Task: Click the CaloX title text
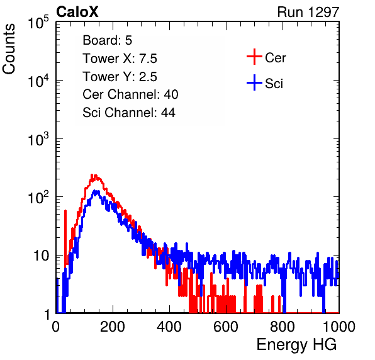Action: [x=77, y=12]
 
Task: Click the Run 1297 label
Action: [x=308, y=12]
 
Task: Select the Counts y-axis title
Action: [x=9, y=49]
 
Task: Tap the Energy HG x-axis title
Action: [x=296, y=345]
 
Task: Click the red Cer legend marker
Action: [x=254, y=57]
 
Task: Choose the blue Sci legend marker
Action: [x=254, y=83]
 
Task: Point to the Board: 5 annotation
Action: [x=108, y=40]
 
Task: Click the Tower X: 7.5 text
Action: [x=120, y=59]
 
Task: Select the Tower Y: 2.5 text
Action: [x=120, y=77]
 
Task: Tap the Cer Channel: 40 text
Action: [x=130, y=94]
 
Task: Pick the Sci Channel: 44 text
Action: [x=129, y=113]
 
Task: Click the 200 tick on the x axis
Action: [x=113, y=327]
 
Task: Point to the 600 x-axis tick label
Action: [x=226, y=327]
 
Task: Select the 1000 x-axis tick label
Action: [x=339, y=327]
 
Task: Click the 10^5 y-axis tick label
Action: [x=38, y=23]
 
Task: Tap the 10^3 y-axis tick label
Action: [x=38, y=139]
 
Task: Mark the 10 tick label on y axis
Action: [x=41, y=256]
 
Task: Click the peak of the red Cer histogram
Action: [x=92, y=175]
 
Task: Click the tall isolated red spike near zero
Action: [x=65, y=237]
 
